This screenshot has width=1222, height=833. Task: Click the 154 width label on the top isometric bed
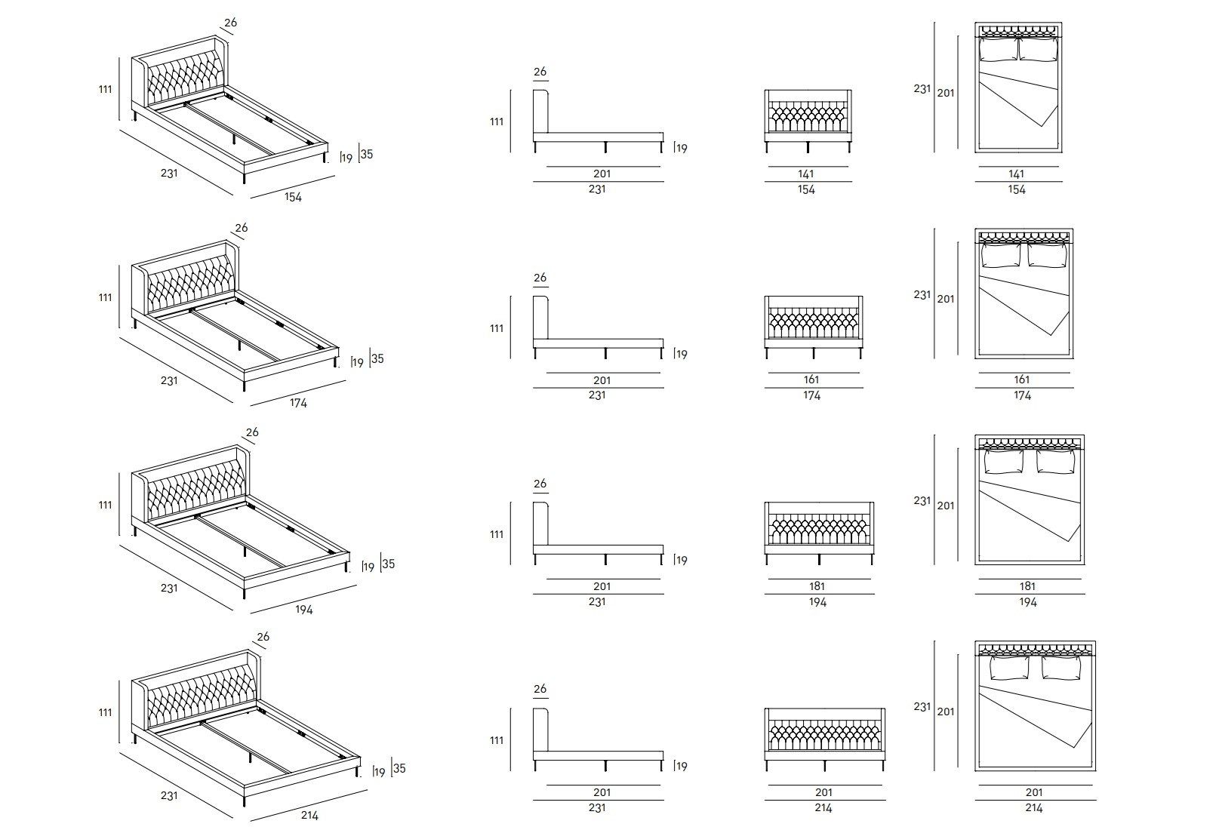tap(293, 197)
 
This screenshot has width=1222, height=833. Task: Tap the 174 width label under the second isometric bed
tap(298, 403)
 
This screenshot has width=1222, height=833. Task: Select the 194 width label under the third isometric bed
tap(303, 609)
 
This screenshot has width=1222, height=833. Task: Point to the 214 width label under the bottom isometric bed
tap(309, 815)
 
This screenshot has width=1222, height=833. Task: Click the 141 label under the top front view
tap(806, 174)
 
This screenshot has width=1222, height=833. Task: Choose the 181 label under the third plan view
tap(1027, 586)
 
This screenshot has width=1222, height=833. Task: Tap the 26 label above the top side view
tap(540, 72)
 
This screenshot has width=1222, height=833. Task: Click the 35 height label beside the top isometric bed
tap(367, 155)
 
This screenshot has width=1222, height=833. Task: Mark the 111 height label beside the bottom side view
tap(497, 740)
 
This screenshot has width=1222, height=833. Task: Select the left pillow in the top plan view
tap(998, 50)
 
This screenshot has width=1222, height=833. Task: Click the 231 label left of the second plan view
tap(922, 294)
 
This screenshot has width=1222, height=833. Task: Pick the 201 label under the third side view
tap(602, 586)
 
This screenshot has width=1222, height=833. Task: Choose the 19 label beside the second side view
tap(682, 355)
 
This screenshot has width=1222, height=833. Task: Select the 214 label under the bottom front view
tap(823, 808)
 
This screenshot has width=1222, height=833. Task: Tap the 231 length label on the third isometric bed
tap(169, 587)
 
